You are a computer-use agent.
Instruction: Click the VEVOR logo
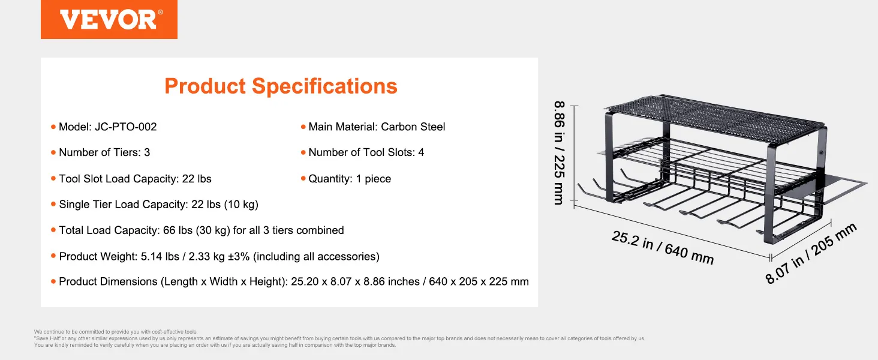pos(109,19)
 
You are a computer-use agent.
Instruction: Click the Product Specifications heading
pos(281,86)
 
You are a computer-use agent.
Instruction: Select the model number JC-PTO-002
pos(126,127)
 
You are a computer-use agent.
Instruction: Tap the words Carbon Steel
pos(413,127)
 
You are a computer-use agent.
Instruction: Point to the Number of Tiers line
pos(104,152)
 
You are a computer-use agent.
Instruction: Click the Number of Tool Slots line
pos(366,152)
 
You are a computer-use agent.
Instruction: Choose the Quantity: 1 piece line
pos(350,179)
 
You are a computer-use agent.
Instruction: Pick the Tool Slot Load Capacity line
pos(135,179)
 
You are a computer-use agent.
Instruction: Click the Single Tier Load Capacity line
pos(159,205)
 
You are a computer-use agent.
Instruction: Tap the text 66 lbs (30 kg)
pos(196,230)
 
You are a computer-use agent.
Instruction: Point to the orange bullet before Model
pos(53,127)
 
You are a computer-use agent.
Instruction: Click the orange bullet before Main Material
pos(303,127)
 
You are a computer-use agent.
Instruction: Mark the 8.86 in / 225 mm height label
pos(560,153)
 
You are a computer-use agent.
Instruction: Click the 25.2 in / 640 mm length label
pos(663,248)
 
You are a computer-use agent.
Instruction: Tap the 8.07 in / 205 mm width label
pos(811,253)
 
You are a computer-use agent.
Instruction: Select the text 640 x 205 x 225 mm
pos(479,281)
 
